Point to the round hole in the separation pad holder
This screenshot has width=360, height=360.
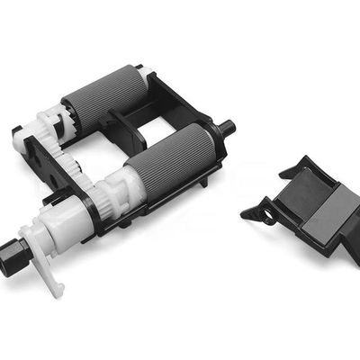point(265,215)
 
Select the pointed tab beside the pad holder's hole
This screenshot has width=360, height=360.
point(249,211)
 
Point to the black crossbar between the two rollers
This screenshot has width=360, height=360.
point(126,126)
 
